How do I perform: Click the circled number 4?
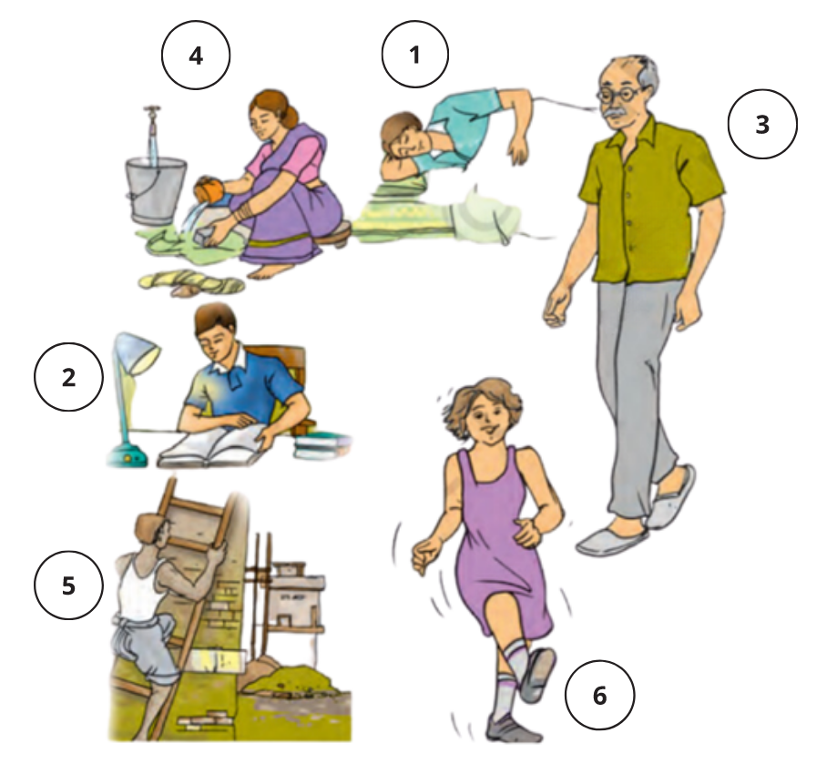pyautogui.click(x=196, y=55)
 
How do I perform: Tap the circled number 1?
pyautogui.click(x=415, y=54)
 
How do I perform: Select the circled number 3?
pyautogui.click(x=762, y=124)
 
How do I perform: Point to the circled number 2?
pyautogui.click(x=69, y=377)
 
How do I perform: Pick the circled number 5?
pyautogui.click(x=69, y=585)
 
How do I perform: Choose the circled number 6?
pyautogui.click(x=600, y=695)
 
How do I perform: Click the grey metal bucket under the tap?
pyautogui.click(x=156, y=189)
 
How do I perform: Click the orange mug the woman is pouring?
pyautogui.click(x=209, y=190)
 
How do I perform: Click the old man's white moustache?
pyautogui.click(x=619, y=114)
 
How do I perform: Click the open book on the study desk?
pyautogui.click(x=213, y=447)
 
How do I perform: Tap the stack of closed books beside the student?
pyautogui.click(x=322, y=447)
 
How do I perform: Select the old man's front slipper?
pyautogui.click(x=613, y=541)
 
